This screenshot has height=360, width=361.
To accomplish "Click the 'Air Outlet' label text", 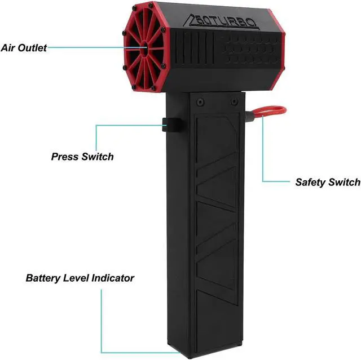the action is (23, 48).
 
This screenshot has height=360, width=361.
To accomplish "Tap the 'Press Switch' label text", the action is (82, 156).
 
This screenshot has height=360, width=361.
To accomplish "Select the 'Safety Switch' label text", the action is (328, 182).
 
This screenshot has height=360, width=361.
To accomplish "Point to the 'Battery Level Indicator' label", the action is (80, 278).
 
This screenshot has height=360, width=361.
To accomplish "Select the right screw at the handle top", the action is (234, 102).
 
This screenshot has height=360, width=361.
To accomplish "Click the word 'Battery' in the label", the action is (43, 278).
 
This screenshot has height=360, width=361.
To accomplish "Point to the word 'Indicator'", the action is (114, 278).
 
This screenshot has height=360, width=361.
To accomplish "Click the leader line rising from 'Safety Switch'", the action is (263, 152).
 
